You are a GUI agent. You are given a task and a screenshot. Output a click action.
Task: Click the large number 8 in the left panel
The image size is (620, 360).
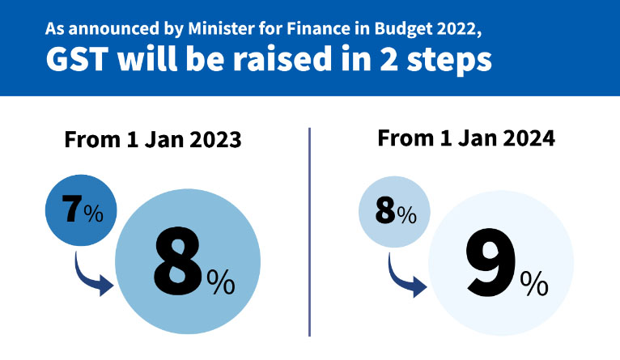click(179, 262)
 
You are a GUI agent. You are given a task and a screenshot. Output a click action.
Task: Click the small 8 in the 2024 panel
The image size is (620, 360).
click(385, 212)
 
